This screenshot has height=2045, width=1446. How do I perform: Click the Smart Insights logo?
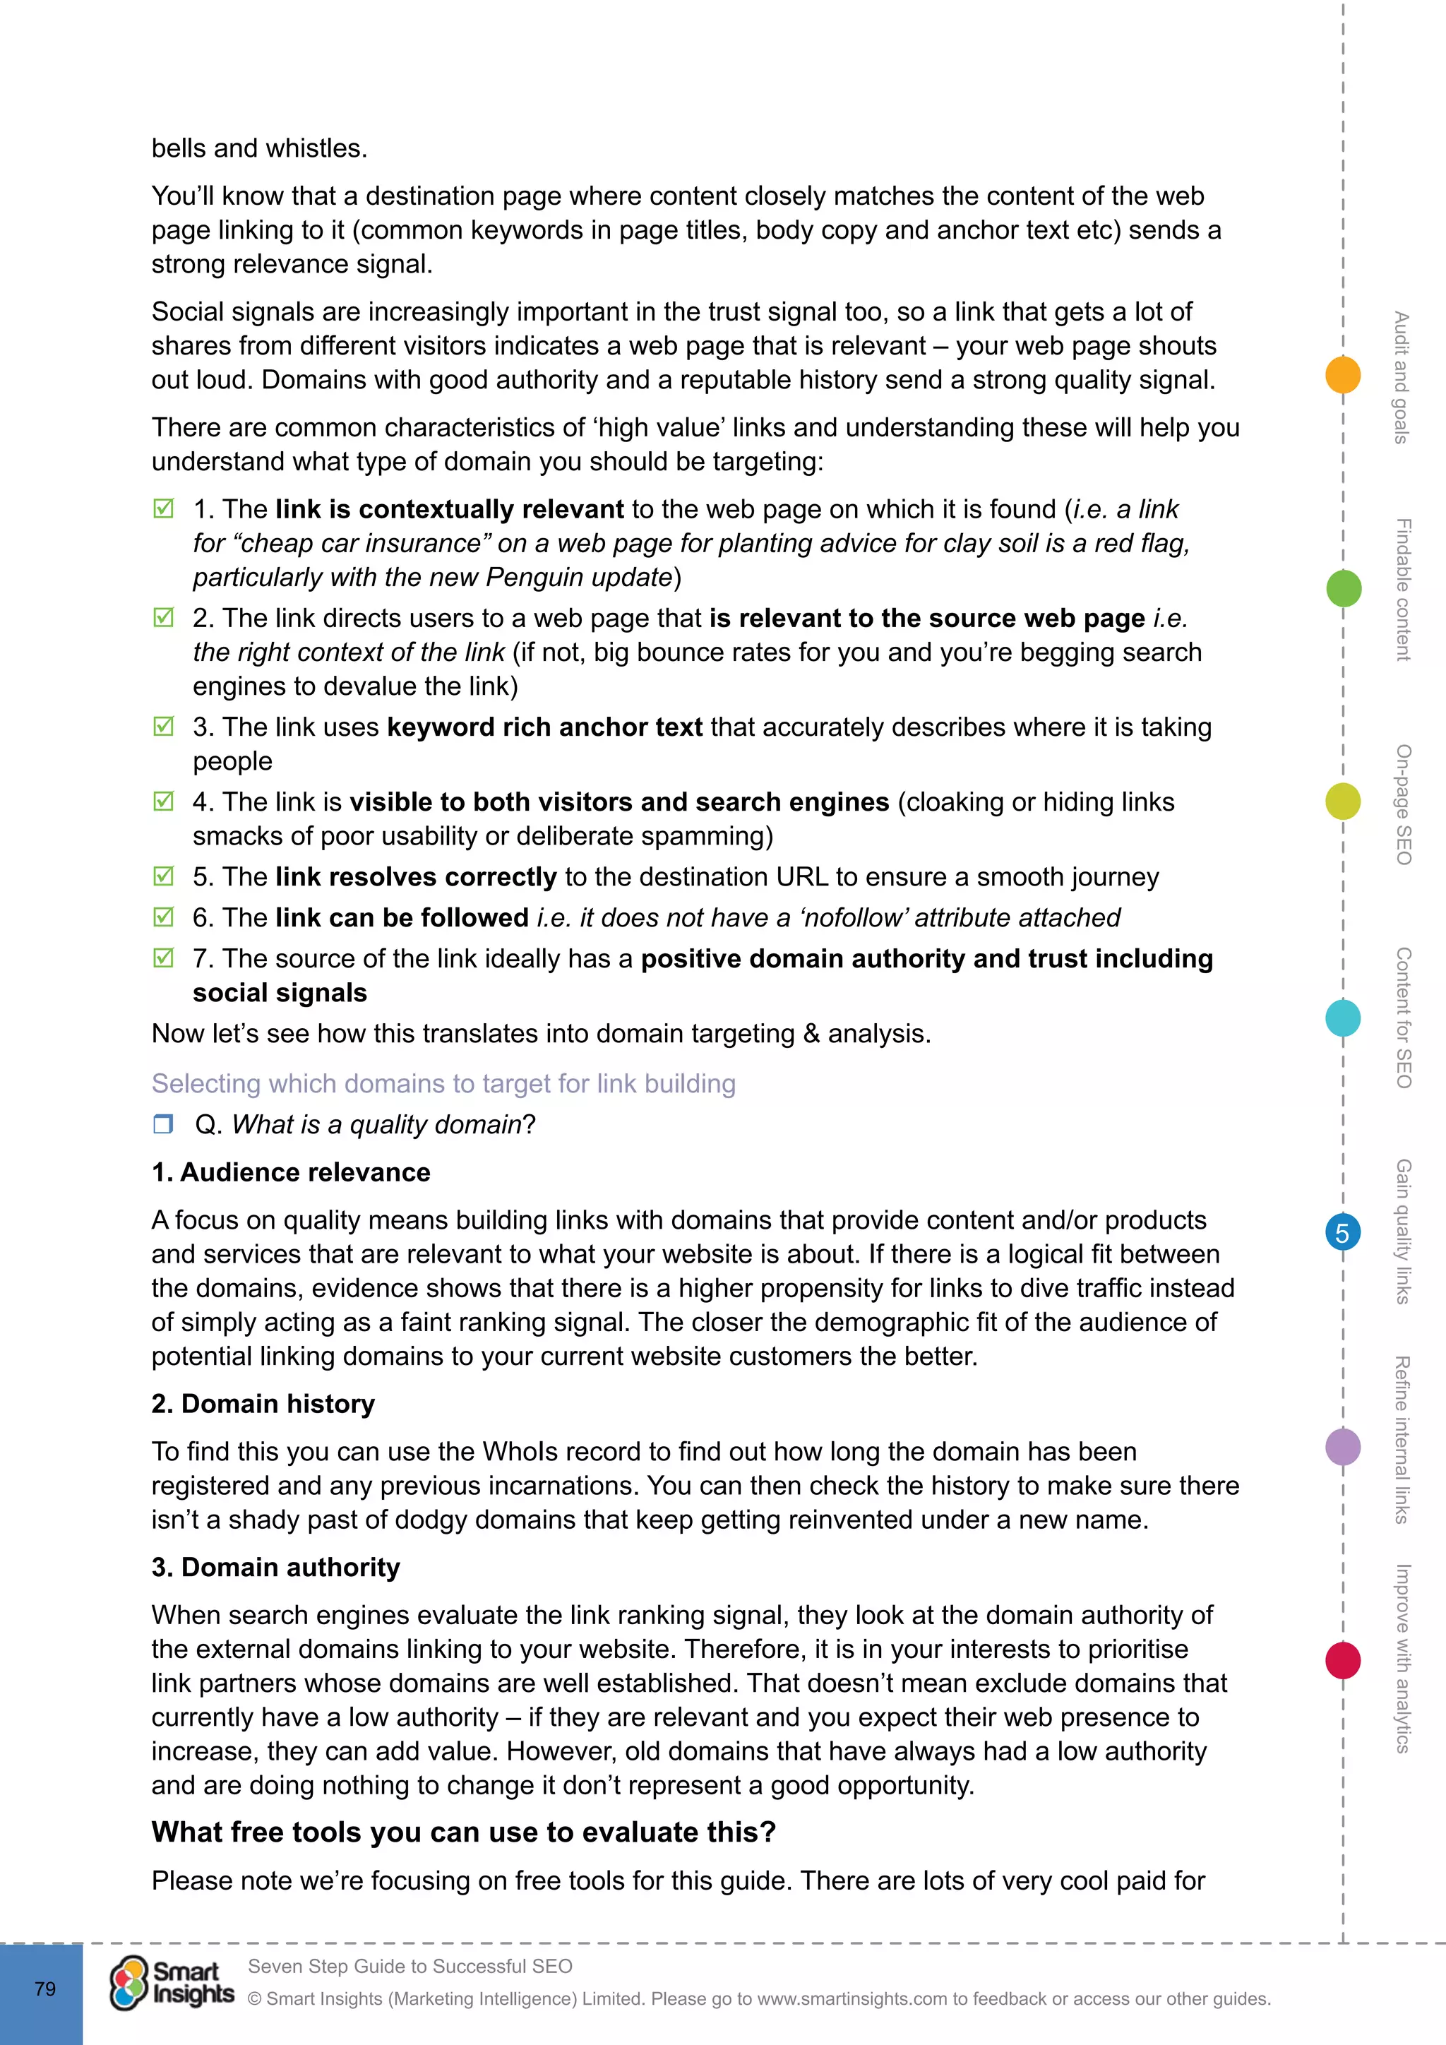point(172,1984)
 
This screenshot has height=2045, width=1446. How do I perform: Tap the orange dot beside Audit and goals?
point(1343,374)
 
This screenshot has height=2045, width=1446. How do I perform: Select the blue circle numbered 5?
point(1343,1233)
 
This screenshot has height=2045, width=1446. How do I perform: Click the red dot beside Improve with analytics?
point(1343,1660)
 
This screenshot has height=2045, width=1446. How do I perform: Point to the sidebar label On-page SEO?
point(1403,804)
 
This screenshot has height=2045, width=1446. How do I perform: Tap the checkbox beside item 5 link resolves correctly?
point(164,876)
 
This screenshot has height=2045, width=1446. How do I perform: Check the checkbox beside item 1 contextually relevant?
point(164,508)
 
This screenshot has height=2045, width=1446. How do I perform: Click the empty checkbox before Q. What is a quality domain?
point(163,1124)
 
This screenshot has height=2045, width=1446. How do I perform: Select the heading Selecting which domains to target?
point(443,1083)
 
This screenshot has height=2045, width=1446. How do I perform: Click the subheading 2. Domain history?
point(263,1404)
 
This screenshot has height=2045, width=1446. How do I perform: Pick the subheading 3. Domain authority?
point(276,1568)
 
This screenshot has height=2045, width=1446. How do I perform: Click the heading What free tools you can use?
point(464,1833)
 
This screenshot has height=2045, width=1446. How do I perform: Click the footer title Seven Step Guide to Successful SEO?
point(410,1966)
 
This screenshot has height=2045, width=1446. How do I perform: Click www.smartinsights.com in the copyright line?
point(852,1998)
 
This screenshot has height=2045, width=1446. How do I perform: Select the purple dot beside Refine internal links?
point(1343,1446)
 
